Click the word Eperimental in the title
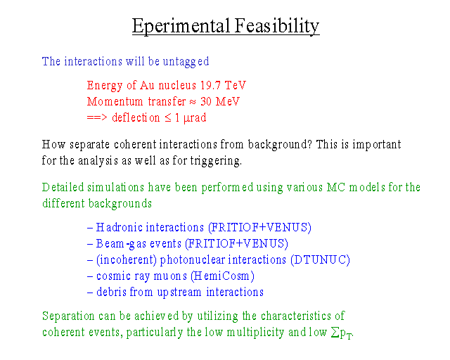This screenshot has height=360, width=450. (x=181, y=26)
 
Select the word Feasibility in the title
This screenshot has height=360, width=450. (x=277, y=26)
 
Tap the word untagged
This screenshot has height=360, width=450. (x=186, y=62)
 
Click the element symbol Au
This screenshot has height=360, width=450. (x=147, y=85)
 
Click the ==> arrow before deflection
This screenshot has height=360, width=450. (x=97, y=117)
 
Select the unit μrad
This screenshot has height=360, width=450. (x=195, y=118)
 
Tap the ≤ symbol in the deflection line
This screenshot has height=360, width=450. (x=168, y=117)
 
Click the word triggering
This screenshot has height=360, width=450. (x=216, y=161)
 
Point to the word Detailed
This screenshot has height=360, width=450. (x=63, y=188)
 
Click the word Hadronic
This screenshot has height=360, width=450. (x=121, y=227)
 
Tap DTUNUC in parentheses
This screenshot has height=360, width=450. (x=320, y=260)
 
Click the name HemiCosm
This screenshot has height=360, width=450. (x=222, y=276)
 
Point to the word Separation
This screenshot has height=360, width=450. (x=68, y=316)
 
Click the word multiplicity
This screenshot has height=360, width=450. (x=255, y=333)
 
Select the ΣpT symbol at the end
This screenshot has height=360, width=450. (x=342, y=333)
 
